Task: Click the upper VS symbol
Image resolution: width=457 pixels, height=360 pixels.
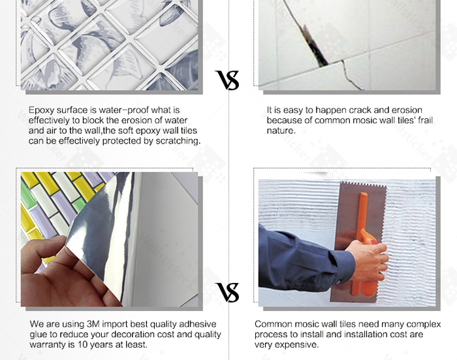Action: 227,80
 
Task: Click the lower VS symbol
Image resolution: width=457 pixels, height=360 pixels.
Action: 227,292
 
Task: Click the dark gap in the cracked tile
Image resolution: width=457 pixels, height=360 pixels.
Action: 315,46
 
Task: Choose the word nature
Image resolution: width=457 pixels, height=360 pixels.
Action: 281,131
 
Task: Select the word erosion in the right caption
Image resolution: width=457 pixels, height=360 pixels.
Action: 407,110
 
